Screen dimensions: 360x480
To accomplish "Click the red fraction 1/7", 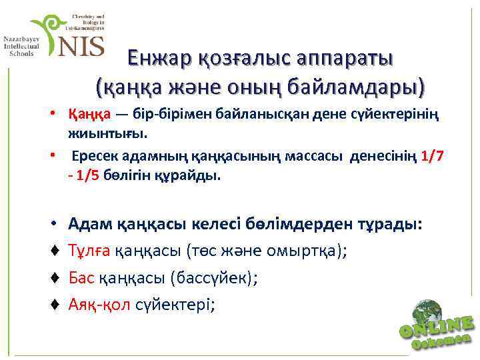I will point(434,157).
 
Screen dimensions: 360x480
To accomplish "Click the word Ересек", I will point(99,157).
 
